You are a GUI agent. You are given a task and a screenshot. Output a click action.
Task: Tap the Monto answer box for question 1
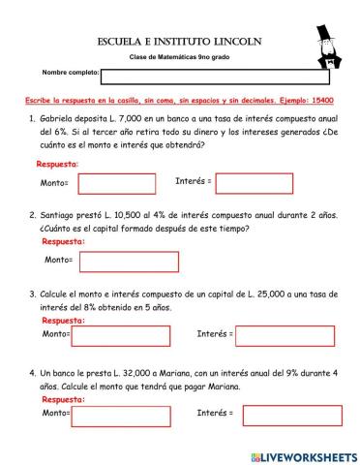pyautogui.click(x=114, y=183)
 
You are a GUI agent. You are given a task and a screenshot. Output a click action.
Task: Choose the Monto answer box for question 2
pyautogui.click(x=123, y=260)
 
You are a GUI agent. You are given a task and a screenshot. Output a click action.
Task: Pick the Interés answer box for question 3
pyautogui.click(x=278, y=334)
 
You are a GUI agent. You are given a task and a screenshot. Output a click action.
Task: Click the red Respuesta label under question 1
pyautogui.click(x=57, y=164)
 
